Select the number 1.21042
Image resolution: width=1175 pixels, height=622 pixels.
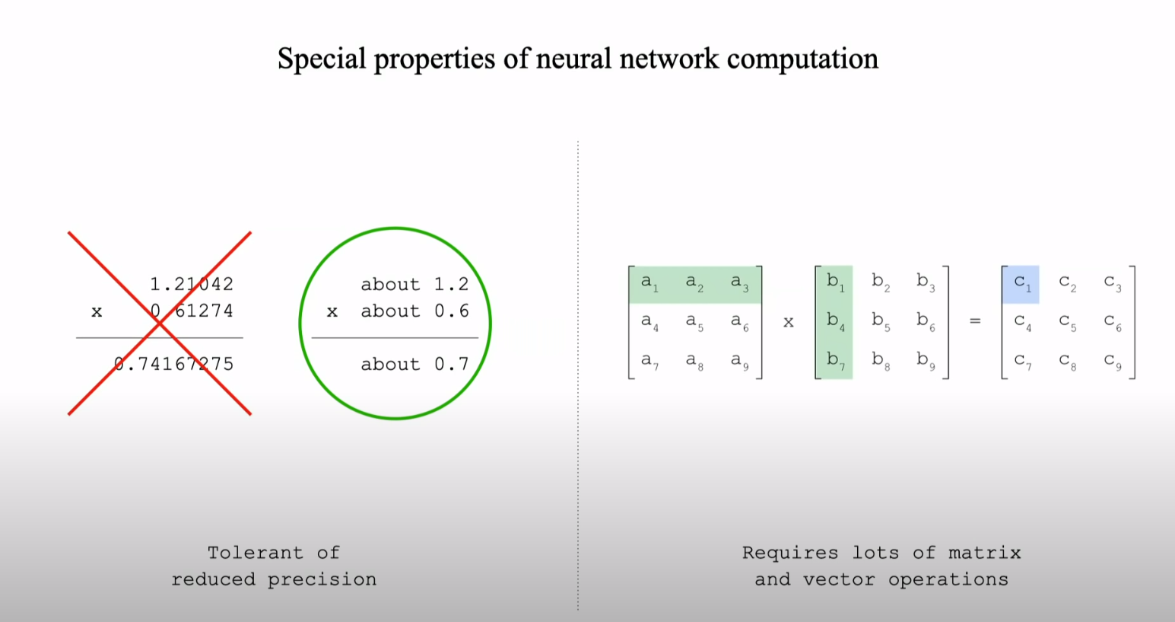[x=192, y=284]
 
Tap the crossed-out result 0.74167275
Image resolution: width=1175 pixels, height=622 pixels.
[x=174, y=364]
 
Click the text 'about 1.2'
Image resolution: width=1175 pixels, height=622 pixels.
[x=414, y=284]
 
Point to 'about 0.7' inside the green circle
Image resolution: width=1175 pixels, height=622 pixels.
[x=414, y=364]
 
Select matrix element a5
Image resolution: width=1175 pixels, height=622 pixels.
[x=694, y=322]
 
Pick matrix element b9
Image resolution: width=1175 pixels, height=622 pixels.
[x=925, y=360]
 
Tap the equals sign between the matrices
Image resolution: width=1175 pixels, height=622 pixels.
[x=975, y=321]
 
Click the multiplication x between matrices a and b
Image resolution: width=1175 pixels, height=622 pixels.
[x=789, y=322]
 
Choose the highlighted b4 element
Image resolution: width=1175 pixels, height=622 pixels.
[x=834, y=322]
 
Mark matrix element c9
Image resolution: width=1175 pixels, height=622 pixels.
[x=1112, y=361]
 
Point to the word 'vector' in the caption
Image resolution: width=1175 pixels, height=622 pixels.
[x=839, y=579]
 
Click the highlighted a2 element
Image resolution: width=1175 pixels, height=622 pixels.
[x=694, y=283]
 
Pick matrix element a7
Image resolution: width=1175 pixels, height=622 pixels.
[x=649, y=360]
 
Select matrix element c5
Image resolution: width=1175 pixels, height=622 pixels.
[x=1067, y=322]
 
